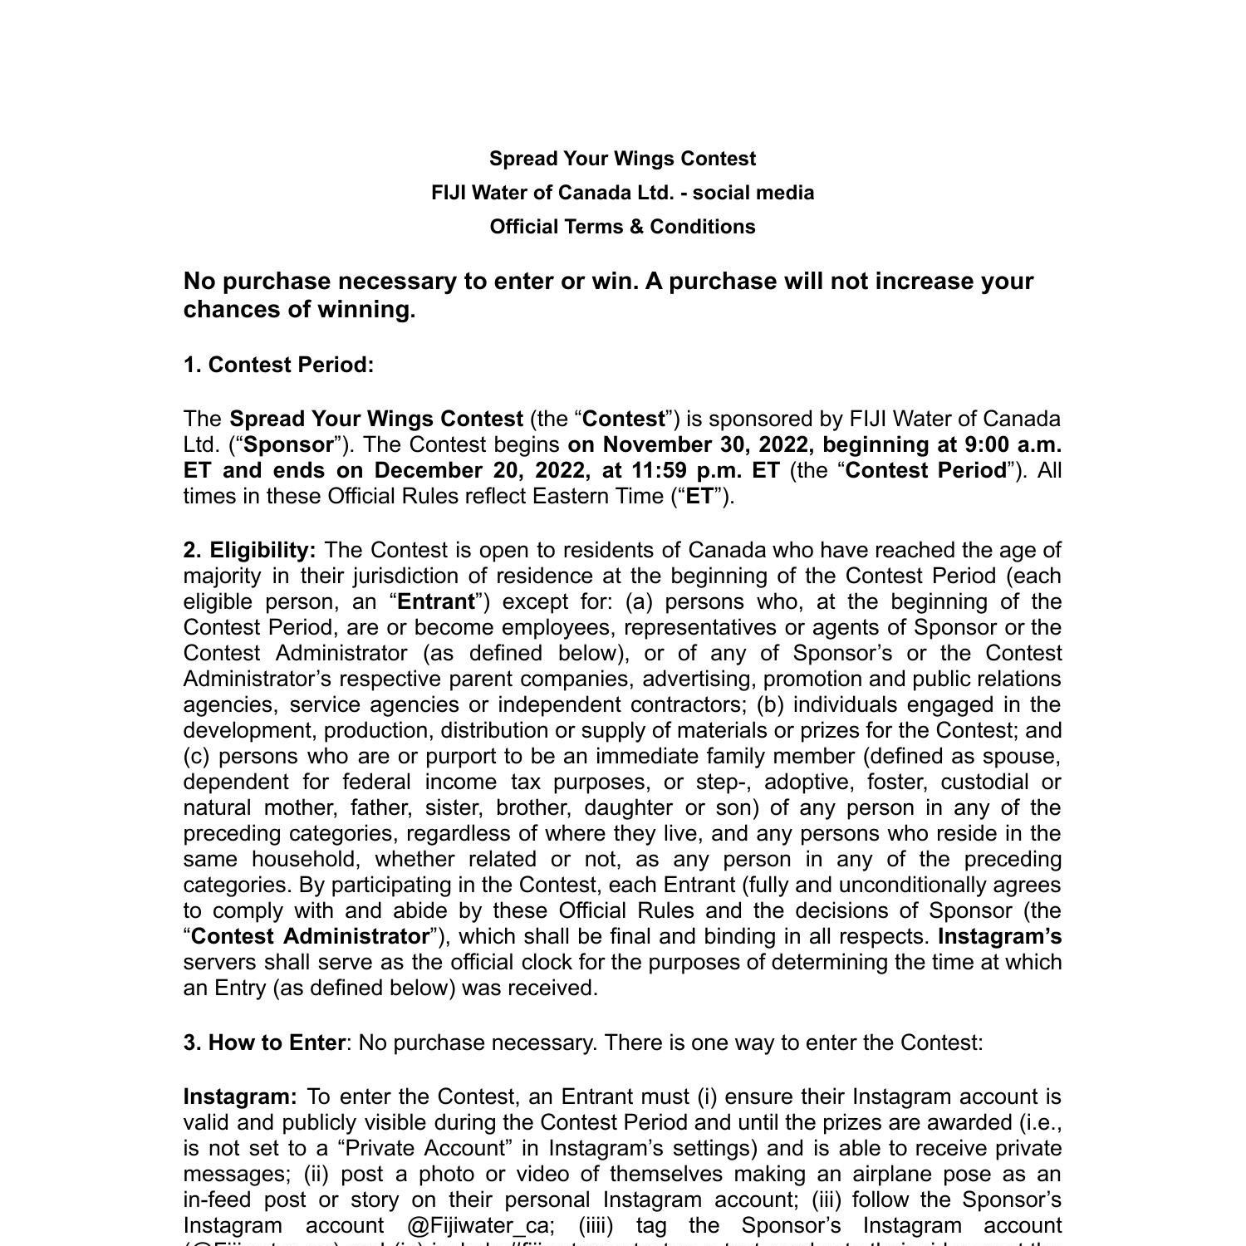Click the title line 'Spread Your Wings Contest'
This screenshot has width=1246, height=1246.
click(622, 159)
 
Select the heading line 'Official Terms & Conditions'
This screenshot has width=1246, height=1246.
click(622, 227)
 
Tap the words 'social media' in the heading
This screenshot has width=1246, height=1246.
click(753, 193)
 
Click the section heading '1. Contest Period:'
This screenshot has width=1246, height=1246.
click(278, 365)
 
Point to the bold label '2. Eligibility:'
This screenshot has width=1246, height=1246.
click(249, 551)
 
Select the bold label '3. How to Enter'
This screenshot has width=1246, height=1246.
click(264, 1042)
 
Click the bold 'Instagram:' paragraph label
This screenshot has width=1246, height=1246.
click(240, 1097)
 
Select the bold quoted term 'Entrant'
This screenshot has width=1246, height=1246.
click(436, 601)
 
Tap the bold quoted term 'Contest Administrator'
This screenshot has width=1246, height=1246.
click(311, 937)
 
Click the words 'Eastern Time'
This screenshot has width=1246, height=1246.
click(598, 496)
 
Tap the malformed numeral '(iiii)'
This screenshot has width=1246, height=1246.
click(596, 1226)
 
